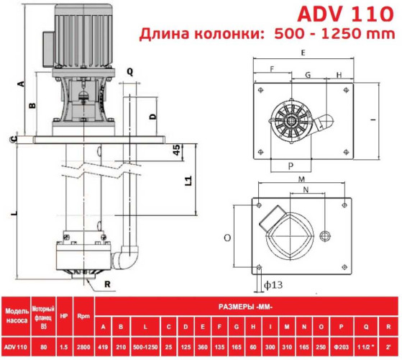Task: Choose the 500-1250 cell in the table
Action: pos(145,347)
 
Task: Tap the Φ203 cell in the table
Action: pos(341,347)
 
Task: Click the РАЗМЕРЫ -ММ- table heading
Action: pos(246,305)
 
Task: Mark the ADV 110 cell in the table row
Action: pos(17,347)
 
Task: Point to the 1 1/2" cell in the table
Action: pos(365,347)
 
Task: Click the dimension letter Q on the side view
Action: pos(130,71)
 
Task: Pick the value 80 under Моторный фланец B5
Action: pos(42,347)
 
